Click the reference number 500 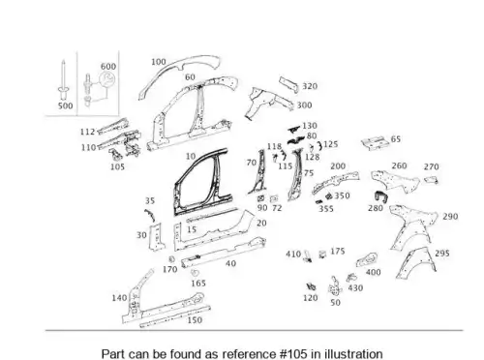point(65,105)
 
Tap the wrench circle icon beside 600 point(106,79)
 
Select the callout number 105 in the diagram point(117,166)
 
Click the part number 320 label point(310,86)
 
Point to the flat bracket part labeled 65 point(374,143)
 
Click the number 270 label point(432,166)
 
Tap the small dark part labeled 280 point(381,196)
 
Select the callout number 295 point(442,254)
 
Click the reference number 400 point(373,272)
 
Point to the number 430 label point(355,287)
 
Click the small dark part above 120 point(312,286)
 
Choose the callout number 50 point(335,303)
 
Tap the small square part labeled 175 point(322,255)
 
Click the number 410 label point(293,255)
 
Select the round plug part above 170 point(172,258)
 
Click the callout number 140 point(119,298)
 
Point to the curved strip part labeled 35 point(149,215)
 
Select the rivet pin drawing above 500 point(63,79)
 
